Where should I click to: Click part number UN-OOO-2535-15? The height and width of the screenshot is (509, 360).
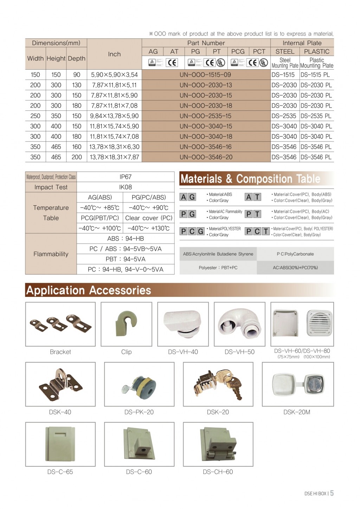point(206,116)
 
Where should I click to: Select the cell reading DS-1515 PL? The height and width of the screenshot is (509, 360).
point(316,75)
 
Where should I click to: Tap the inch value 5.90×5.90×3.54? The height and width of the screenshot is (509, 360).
point(114,75)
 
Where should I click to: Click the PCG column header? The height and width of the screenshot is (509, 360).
point(238,51)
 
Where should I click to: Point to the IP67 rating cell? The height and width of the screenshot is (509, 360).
point(126,177)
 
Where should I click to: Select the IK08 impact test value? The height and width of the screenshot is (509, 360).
point(126,187)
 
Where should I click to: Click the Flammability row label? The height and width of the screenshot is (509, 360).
point(51,254)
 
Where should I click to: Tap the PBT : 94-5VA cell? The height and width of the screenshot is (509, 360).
point(126,259)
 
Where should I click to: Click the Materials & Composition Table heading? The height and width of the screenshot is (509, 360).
point(250,179)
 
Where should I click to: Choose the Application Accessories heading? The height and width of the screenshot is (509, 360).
point(89,290)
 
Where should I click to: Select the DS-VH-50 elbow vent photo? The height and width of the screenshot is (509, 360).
point(239,324)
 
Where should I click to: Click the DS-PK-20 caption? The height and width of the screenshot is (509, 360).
point(139,412)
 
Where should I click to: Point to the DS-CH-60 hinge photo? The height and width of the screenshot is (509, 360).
point(218,444)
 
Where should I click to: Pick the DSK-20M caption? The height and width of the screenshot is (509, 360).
point(297,412)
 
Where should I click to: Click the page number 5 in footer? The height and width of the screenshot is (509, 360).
point(332,493)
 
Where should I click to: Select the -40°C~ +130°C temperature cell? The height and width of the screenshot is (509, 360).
point(148,228)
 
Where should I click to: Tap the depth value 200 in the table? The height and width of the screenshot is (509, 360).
point(77,157)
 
